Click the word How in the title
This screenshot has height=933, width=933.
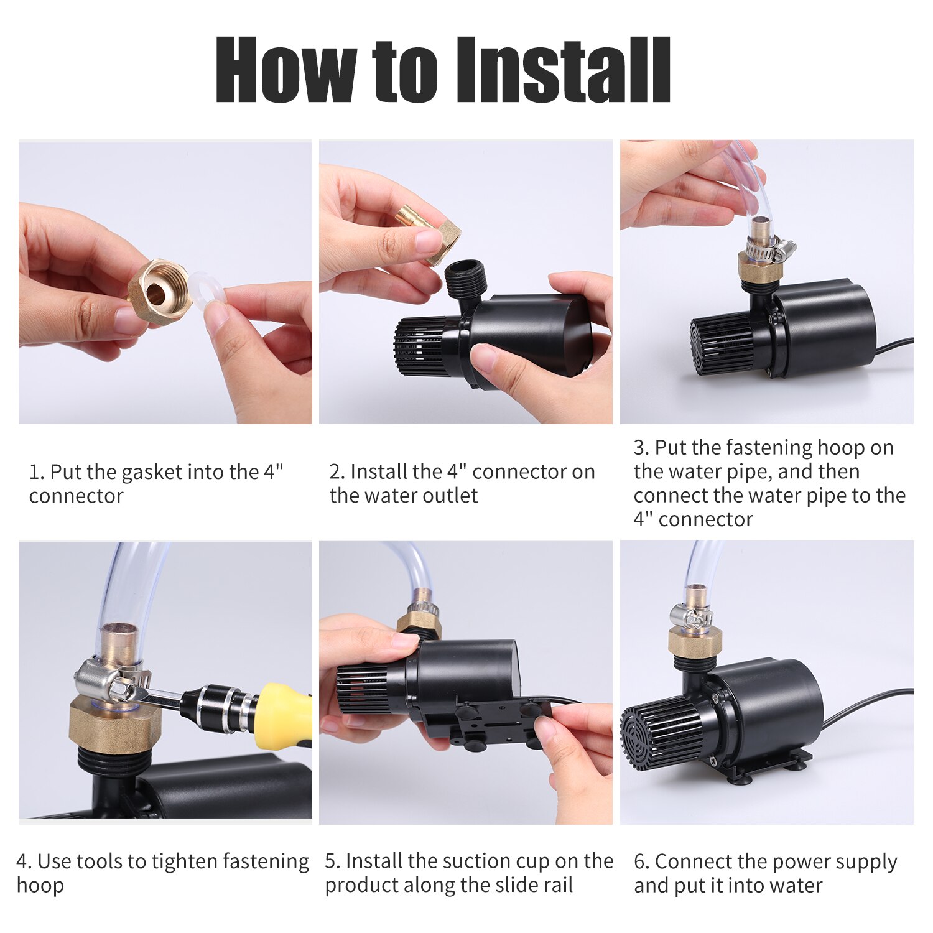[x=285, y=70]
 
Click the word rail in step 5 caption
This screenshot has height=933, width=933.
[x=556, y=885]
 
